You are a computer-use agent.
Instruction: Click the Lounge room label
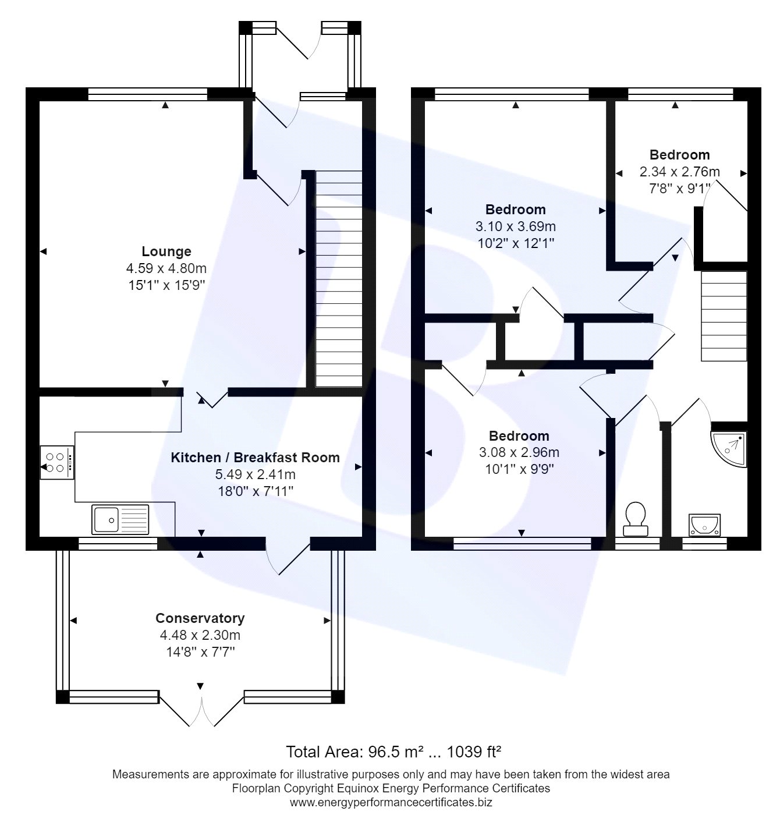tap(166, 251)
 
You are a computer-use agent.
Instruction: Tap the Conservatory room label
tap(200, 618)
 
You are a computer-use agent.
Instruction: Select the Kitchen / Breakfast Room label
tap(255, 458)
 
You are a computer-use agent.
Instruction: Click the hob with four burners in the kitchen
tap(56, 462)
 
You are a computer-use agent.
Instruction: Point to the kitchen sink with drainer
tap(120, 519)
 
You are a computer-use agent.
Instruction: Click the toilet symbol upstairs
tap(636, 519)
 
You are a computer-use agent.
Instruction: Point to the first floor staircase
tap(724, 316)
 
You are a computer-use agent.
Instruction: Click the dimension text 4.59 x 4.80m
tap(166, 268)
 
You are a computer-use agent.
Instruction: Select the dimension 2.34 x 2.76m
tap(679, 172)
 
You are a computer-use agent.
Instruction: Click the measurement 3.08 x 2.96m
tap(519, 452)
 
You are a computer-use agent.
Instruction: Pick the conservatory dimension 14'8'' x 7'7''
tap(200, 652)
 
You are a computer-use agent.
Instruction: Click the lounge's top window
tap(148, 94)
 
